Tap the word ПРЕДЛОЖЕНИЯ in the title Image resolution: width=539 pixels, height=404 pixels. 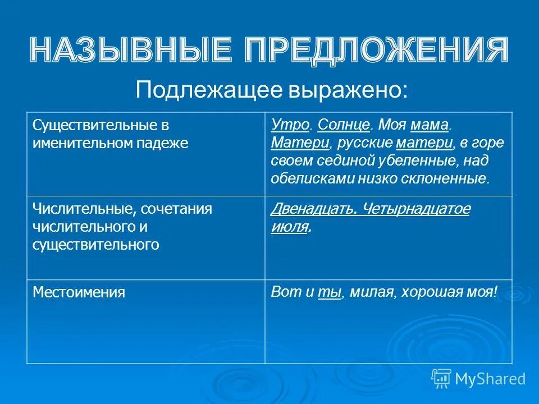pos(371,50)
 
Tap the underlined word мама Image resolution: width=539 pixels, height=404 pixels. pos(430,125)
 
